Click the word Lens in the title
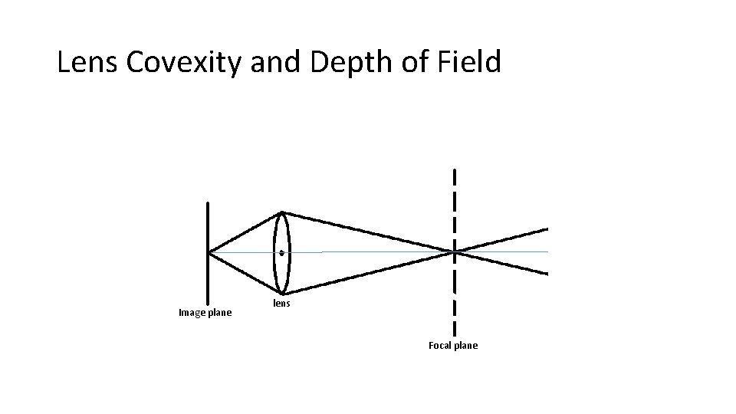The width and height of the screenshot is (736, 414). point(85,63)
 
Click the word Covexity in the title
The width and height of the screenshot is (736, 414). point(182,63)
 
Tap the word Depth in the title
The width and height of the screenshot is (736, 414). point(349,63)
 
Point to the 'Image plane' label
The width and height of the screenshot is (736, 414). point(205,313)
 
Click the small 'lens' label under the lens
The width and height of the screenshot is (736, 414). point(282,304)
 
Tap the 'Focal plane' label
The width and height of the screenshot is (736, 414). point(452,346)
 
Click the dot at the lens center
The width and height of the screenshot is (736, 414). point(282,252)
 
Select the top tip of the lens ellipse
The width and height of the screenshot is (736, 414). point(282,212)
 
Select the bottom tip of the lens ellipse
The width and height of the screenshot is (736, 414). point(282,294)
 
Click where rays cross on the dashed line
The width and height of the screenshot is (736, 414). point(455,251)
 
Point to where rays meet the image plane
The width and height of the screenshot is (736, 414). point(209,251)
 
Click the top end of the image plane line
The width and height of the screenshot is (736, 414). point(208,202)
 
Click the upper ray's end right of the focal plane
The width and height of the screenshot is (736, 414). point(547,228)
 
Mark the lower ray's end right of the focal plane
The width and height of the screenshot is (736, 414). point(547,273)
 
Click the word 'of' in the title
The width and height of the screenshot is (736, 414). point(413,63)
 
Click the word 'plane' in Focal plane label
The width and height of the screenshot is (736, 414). point(465,346)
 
